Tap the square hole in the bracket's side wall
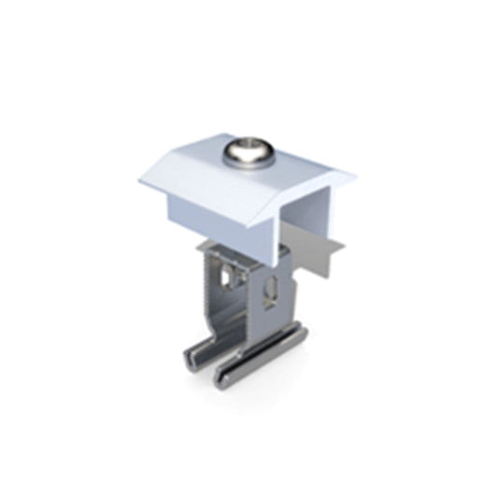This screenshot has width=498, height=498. [x=227, y=277]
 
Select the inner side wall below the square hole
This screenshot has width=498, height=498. [x=229, y=308]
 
